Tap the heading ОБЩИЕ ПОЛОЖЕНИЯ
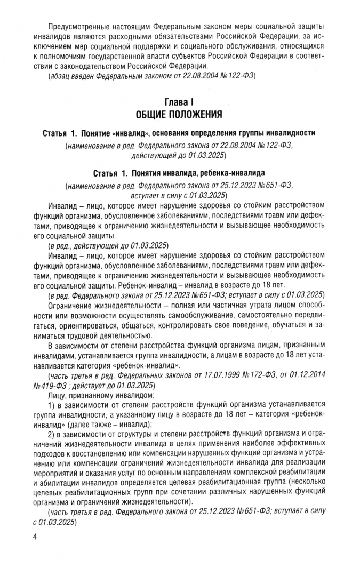(180, 114)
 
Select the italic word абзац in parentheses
(60, 75)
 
